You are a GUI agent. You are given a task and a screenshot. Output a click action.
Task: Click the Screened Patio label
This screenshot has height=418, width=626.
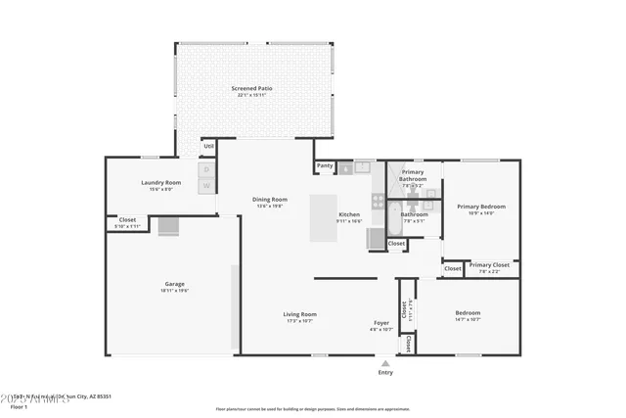pyautogui.click(x=251, y=88)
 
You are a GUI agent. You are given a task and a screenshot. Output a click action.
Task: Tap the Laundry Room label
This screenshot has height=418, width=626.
pyautogui.click(x=161, y=182)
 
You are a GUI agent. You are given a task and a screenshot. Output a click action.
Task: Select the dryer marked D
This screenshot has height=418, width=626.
pyautogui.click(x=207, y=170)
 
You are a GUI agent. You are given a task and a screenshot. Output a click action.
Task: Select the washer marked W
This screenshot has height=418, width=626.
pyautogui.click(x=207, y=185)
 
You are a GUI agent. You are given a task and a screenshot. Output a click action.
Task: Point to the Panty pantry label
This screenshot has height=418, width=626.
pyautogui.click(x=325, y=165)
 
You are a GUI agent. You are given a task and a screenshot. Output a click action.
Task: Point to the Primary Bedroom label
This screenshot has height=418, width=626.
pyautogui.click(x=480, y=207)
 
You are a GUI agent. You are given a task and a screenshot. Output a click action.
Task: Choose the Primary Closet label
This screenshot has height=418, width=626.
pyautogui.click(x=489, y=265)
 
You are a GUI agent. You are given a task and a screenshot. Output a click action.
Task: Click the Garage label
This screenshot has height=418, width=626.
pyautogui.click(x=174, y=284)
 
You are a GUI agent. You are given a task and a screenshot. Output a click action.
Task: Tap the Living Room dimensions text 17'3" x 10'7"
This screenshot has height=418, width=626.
pyautogui.click(x=300, y=321)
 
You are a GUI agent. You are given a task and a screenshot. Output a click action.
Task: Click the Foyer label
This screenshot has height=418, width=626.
pyautogui.click(x=381, y=322)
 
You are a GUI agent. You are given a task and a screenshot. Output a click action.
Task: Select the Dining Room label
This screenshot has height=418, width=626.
pyautogui.click(x=271, y=199)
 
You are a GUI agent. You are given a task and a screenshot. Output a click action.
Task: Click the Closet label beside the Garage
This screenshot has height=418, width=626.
pyautogui.click(x=127, y=220)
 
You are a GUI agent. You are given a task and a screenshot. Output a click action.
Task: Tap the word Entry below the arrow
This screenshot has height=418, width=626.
pyautogui.click(x=385, y=372)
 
